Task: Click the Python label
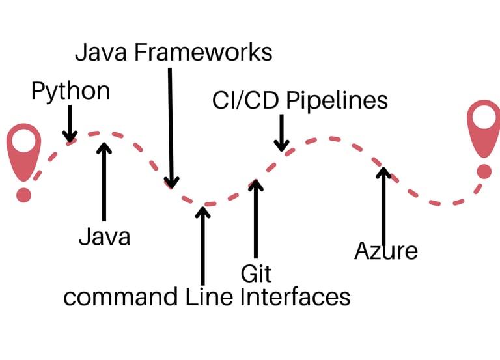(70, 92)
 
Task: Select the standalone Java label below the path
(104, 236)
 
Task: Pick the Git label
(255, 273)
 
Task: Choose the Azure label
(385, 251)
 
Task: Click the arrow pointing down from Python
(69, 124)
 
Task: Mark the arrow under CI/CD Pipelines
(281, 133)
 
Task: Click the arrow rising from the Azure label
(383, 205)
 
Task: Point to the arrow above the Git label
(255, 218)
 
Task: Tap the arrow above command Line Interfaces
(202, 244)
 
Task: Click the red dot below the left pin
(23, 195)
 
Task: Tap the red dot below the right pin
(484, 171)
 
